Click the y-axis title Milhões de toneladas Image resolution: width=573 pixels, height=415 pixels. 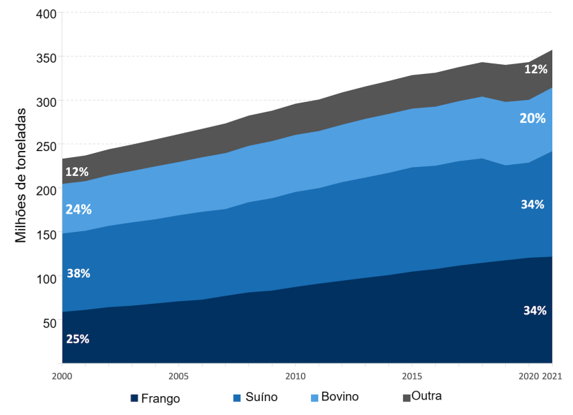tap(21, 175)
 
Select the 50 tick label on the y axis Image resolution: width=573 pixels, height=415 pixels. tap(48, 323)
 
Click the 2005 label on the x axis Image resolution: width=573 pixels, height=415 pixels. tap(178, 375)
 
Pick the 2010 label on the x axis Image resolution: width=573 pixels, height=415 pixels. tap(295, 375)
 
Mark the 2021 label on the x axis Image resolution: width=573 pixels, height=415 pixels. tap(552, 375)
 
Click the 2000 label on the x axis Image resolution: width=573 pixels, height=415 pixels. tap(62, 375)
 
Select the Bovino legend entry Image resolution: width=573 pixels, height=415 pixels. tap(339, 397)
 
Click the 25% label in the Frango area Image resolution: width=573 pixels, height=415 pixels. tap(78, 339)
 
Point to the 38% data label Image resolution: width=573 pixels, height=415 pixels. tap(78, 273)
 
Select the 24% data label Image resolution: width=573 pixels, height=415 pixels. tap(78, 209)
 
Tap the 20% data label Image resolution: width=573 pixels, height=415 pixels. tap(532, 119)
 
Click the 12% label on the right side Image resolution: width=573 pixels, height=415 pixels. tap(535, 69)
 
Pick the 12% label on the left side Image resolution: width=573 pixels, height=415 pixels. tap(76, 172)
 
